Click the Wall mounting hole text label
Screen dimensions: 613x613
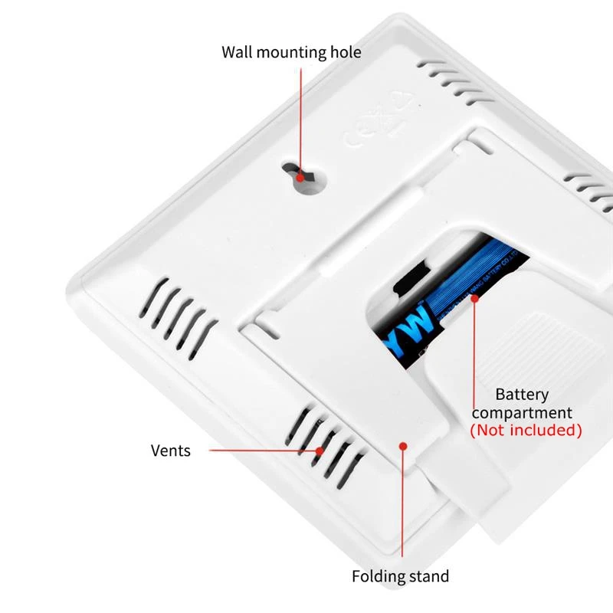tap(291, 52)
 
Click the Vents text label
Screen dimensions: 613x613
tap(170, 450)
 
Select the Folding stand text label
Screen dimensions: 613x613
tap(400, 576)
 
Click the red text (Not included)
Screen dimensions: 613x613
tap(526, 430)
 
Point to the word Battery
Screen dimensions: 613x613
tap(522, 395)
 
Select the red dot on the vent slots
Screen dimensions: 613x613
tap(319, 450)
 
